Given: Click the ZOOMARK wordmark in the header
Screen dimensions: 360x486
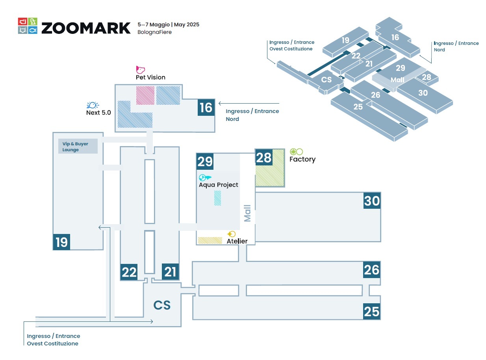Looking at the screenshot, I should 86,28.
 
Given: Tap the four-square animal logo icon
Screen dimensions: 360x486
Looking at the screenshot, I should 28,26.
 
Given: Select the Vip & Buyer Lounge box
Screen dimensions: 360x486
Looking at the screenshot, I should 78,147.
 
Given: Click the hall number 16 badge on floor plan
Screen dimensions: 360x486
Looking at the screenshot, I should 206,108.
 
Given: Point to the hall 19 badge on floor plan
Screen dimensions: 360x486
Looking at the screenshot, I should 61,242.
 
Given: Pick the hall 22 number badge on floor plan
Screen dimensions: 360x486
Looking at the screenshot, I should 129,272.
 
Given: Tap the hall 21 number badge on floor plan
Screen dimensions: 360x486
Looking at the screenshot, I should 170,272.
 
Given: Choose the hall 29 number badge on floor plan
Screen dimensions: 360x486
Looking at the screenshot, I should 205,161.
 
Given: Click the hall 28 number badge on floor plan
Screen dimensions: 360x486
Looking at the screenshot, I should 263,158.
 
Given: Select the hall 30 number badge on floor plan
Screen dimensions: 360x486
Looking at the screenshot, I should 372,201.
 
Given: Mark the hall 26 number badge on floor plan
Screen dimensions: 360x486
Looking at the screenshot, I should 371,270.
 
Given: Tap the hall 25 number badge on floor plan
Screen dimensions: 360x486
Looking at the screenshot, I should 371,312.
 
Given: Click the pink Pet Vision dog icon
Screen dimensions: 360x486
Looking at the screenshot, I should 140,70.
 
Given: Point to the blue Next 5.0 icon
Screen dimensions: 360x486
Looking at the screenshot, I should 93,105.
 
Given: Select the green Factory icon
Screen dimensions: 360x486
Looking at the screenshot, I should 296,152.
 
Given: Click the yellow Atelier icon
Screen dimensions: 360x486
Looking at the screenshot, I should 232,234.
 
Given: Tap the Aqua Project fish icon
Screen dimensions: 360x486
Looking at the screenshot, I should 205,177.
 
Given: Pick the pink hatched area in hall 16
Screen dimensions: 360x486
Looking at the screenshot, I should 145,96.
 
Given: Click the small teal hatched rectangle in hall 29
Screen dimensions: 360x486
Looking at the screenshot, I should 217,198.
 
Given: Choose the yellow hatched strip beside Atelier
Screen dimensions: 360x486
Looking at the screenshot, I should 210,240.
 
